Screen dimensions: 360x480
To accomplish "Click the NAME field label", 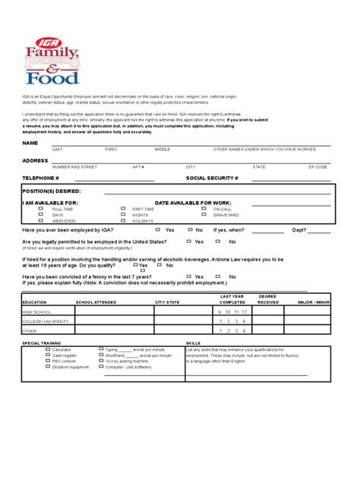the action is pyautogui.click(x=30, y=143).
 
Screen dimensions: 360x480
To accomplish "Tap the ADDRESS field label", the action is pyautogui.click(x=36, y=161).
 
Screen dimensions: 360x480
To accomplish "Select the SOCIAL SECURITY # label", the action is pyautogui.click(x=212, y=178).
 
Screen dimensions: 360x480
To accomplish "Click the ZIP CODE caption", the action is pyautogui.click(x=317, y=166).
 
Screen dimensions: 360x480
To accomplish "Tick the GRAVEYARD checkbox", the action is pyautogui.click(x=204, y=214).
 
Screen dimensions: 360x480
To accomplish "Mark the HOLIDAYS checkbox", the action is pyautogui.click(x=123, y=220).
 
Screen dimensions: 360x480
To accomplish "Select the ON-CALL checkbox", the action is pyautogui.click(x=204, y=208).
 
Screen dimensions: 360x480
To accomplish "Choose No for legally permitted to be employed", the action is pyautogui.click(x=217, y=241).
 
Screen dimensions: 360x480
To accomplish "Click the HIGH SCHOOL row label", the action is pyautogui.click(x=38, y=311).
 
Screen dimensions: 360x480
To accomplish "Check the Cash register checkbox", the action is pyautogui.click(x=27, y=355).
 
